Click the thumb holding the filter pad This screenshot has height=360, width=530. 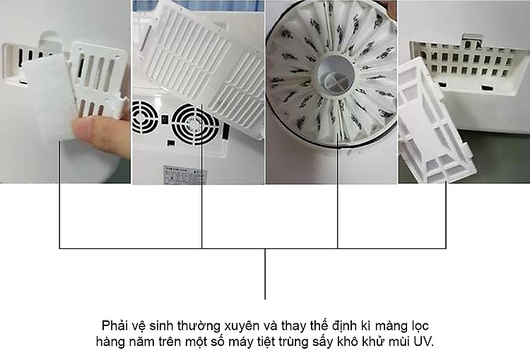pyautogui.click(x=101, y=135)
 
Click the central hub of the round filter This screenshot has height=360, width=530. pyautogui.click(x=335, y=75)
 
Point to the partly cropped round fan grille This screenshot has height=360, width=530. pyautogui.click(x=145, y=117)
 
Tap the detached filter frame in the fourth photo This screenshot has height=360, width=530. pyautogui.click(x=436, y=122)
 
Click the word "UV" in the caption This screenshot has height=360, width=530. pyautogui.click(x=424, y=342)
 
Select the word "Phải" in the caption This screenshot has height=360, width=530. pyautogui.click(x=114, y=326)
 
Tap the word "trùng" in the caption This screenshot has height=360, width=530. pyautogui.click(x=295, y=342)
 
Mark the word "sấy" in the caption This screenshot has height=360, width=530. pyautogui.click(x=324, y=342)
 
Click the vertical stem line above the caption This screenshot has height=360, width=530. pyautogui.click(x=265, y=274)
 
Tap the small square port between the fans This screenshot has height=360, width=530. pyautogui.click(x=165, y=120)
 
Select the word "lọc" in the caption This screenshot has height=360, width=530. pyautogui.click(x=420, y=327)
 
